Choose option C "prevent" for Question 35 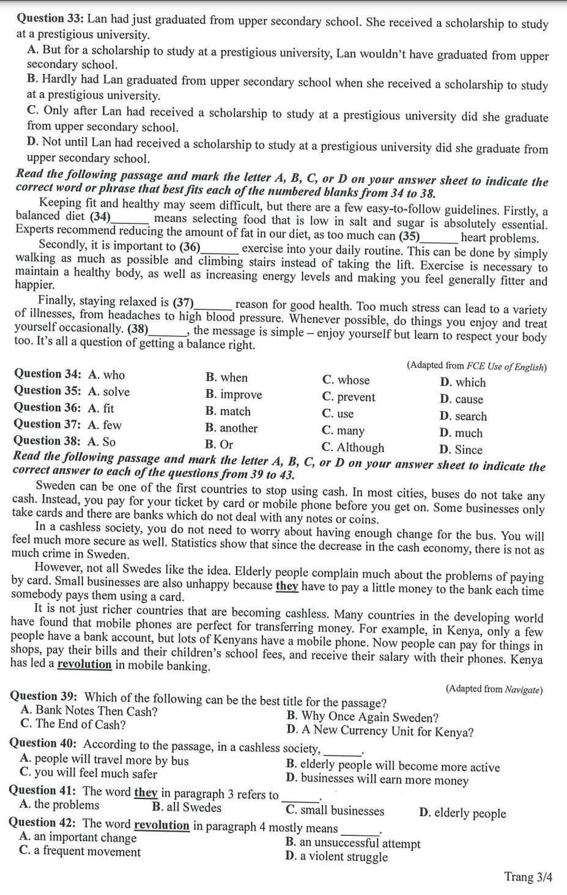(348, 397)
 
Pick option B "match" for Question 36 (228, 411)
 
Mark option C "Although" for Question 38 (353, 447)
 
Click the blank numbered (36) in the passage (220, 249)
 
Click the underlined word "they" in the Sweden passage (287, 586)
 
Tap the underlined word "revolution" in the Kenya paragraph (84, 664)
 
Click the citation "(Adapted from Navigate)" (494, 689)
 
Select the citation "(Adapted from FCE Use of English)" (476, 367)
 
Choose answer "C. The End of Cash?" (73, 725)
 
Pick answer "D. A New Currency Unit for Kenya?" (379, 731)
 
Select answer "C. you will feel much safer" (88, 773)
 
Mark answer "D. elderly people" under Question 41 (462, 813)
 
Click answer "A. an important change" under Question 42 (78, 837)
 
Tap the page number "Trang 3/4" (528, 877)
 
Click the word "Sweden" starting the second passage (56, 486)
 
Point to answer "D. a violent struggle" (336, 857)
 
